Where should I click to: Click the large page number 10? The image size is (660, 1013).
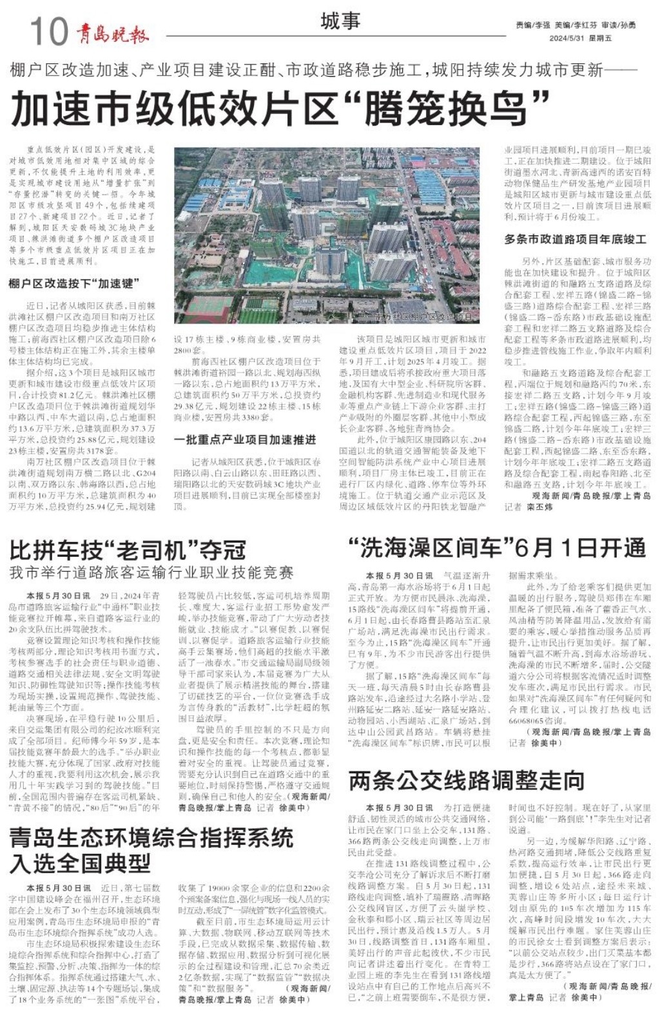pyautogui.click(x=48, y=30)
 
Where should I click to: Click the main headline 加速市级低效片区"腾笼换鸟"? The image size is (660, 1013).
pyautogui.click(x=280, y=108)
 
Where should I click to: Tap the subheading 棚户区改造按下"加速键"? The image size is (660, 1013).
pyautogui.click(x=73, y=284)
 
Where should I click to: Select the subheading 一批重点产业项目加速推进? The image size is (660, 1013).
pyautogui.click(x=245, y=439)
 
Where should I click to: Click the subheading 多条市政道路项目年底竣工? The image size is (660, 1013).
pyautogui.click(x=575, y=239)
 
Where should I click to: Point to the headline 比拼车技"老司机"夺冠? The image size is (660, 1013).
pyautogui.click(x=128, y=550)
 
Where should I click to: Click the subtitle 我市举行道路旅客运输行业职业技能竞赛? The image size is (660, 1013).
pyautogui.click(x=151, y=572)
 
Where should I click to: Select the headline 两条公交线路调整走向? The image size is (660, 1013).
pyautogui.click(x=466, y=780)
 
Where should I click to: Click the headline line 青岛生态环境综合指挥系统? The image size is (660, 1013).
pyautogui.click(x=151, y=838)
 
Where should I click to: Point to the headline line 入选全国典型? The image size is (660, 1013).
pyautogui.click(x=80, y=863)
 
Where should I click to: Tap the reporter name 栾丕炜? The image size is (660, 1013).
pyautogui.click(x=539, y=507)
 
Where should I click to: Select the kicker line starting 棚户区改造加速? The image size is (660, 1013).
pyautogui.click(x=322, y=69)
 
